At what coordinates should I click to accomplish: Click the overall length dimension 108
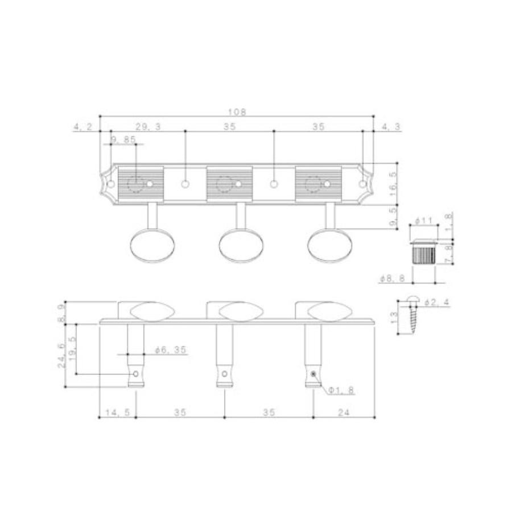coord(237,112)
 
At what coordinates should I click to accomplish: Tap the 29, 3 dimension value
coord(148,127)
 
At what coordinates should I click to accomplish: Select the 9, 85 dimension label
coord(123,140)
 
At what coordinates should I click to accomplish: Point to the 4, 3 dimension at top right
coord(391,127)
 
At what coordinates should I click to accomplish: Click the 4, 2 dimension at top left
coord(83,127)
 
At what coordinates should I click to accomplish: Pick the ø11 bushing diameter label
coord(423,221)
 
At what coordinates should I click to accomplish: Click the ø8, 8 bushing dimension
coord(393,278)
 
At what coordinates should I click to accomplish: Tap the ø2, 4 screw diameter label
coord(437,303)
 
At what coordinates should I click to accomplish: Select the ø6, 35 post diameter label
coord(171,350)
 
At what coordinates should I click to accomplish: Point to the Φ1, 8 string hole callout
coord(341,390)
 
